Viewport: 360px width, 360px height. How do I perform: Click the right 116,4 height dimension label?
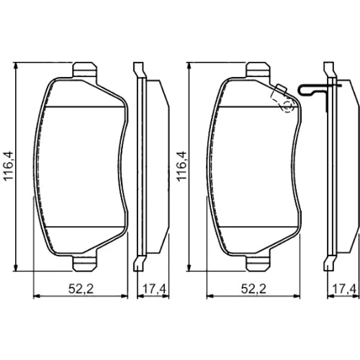pos(181,166)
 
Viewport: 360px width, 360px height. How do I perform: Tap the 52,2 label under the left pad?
pos(81,289)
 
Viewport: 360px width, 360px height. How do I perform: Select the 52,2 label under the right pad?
pos(253,289)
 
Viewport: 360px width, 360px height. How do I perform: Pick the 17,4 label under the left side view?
pos(154,289)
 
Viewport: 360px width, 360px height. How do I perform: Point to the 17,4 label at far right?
pos(344,289)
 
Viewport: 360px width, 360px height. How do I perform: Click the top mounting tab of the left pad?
pos(85,70)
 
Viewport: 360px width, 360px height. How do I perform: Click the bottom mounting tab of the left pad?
pos(85,264)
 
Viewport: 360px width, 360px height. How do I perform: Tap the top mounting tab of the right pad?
pos(258,70)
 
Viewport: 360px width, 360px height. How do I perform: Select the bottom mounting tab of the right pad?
pos(258,264)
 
